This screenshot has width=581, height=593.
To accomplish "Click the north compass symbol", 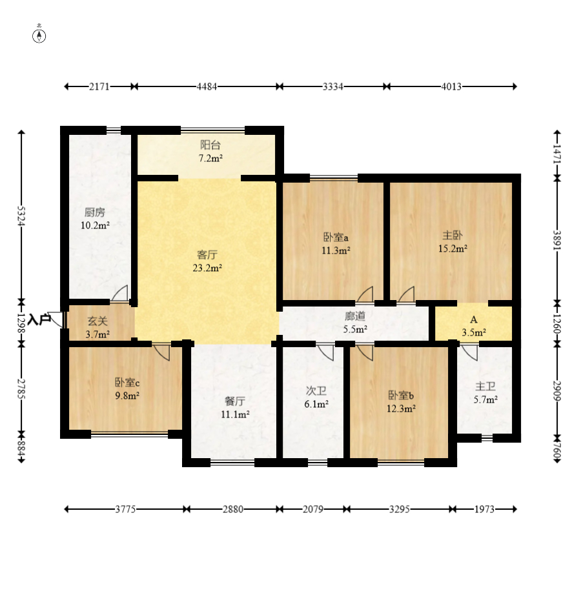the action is pyautogui.click(x=39, y=36).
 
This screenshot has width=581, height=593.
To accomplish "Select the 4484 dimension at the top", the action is pyautogui.click(x=207, y=86).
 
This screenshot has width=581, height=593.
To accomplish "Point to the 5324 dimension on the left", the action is pyautogui.click(x=21, y=216).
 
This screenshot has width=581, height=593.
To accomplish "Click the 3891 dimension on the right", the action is pyautogui.click(x=556, y=240).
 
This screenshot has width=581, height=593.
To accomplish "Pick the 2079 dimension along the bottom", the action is pyautogui.click(x=313, y=509).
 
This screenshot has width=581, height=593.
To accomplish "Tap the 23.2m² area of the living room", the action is pyautogui.click(x=207, y=268).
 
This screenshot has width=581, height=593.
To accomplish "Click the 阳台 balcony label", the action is pyautogui.click(x=210, y=145).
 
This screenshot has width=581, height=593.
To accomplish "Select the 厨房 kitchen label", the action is pyautogui.click(x=95, y=212).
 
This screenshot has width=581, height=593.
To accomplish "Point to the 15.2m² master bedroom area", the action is pyautogui.click(x=453, y=248).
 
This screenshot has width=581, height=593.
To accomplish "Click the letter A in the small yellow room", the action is pyautogui.click(x=474, y=319).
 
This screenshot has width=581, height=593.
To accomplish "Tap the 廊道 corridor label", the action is pyautogui.click(x=355, y=316).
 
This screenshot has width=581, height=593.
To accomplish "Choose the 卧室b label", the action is pyautogui.click(x=401, y=396).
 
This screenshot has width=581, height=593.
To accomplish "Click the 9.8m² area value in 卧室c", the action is pyautogui.click(x=127, y=396).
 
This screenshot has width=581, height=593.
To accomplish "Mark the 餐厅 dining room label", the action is pyautogui.click(x=235, y=401).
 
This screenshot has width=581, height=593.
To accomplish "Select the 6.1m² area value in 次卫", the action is pyautogui.click(x=316, y=405).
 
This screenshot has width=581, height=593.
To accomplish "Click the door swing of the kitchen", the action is pyautogui.click(x=120, y=293).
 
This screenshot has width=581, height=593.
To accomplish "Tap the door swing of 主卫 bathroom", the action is pyautogui.click(x=469, y=352).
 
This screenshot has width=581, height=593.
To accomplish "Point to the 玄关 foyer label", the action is pyautogui.click(x=97, y=321).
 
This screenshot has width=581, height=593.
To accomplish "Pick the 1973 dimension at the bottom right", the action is pyautogui.click(x=485, y=509).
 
